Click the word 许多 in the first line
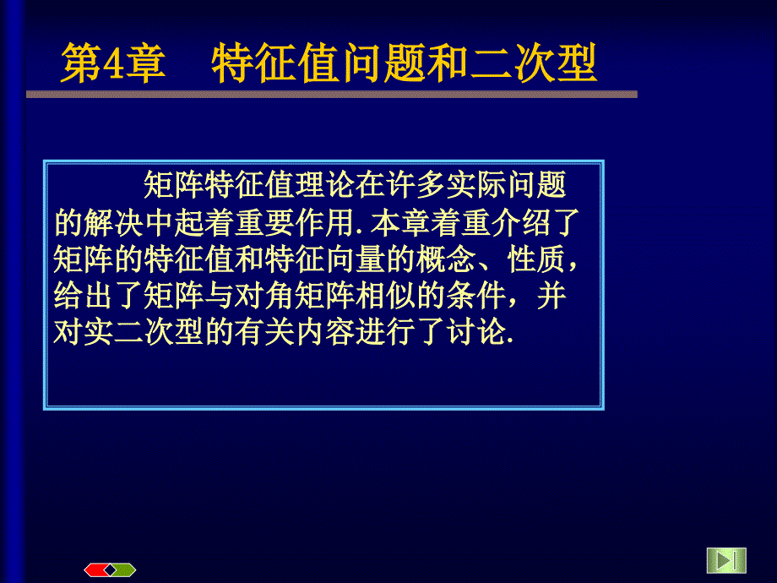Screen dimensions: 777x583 [x=416, y=185]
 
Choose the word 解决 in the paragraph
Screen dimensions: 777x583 [x=114, y=222]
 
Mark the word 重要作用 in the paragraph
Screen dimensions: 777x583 [x=295, y=222]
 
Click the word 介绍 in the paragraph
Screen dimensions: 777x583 [x=521, y=222]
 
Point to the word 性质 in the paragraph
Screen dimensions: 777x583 [x=536, y=259]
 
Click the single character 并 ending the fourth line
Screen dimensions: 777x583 [x=552, y=296]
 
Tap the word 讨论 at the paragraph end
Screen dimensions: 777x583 [x=476, y=332]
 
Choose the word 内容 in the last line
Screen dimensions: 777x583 [x=325, y=332]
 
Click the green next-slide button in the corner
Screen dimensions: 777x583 [x=726, y=560]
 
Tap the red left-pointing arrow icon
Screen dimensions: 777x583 [x=97, y=570]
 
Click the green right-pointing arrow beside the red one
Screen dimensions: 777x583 [x=124, y=570]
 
